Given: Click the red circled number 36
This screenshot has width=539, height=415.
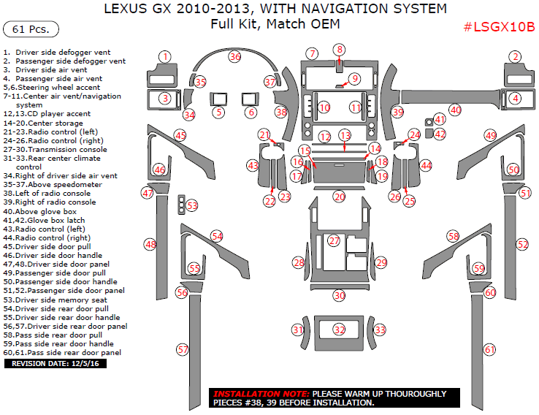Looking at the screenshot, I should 234,56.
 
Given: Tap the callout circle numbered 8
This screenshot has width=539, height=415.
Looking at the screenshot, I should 339,49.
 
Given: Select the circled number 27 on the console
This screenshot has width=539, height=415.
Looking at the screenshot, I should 334,240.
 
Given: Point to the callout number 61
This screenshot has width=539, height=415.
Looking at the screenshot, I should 489,350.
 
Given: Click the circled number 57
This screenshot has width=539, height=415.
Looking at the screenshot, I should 183,350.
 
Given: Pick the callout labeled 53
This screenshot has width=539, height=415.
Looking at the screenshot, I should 191,205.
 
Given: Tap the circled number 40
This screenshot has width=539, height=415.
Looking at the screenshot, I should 455,110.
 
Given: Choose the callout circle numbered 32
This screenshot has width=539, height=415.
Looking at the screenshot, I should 339,330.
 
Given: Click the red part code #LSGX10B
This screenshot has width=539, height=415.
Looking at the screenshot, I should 499,27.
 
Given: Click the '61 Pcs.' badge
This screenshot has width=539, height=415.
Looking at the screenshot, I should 31,29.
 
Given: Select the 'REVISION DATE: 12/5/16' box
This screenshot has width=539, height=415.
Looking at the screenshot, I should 56,363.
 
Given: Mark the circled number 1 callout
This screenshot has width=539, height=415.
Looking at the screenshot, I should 166,56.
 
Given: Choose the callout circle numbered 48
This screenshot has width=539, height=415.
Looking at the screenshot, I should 150,244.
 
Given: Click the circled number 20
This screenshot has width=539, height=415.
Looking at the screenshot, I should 339,196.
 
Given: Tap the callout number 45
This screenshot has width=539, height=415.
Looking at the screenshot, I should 180,135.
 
